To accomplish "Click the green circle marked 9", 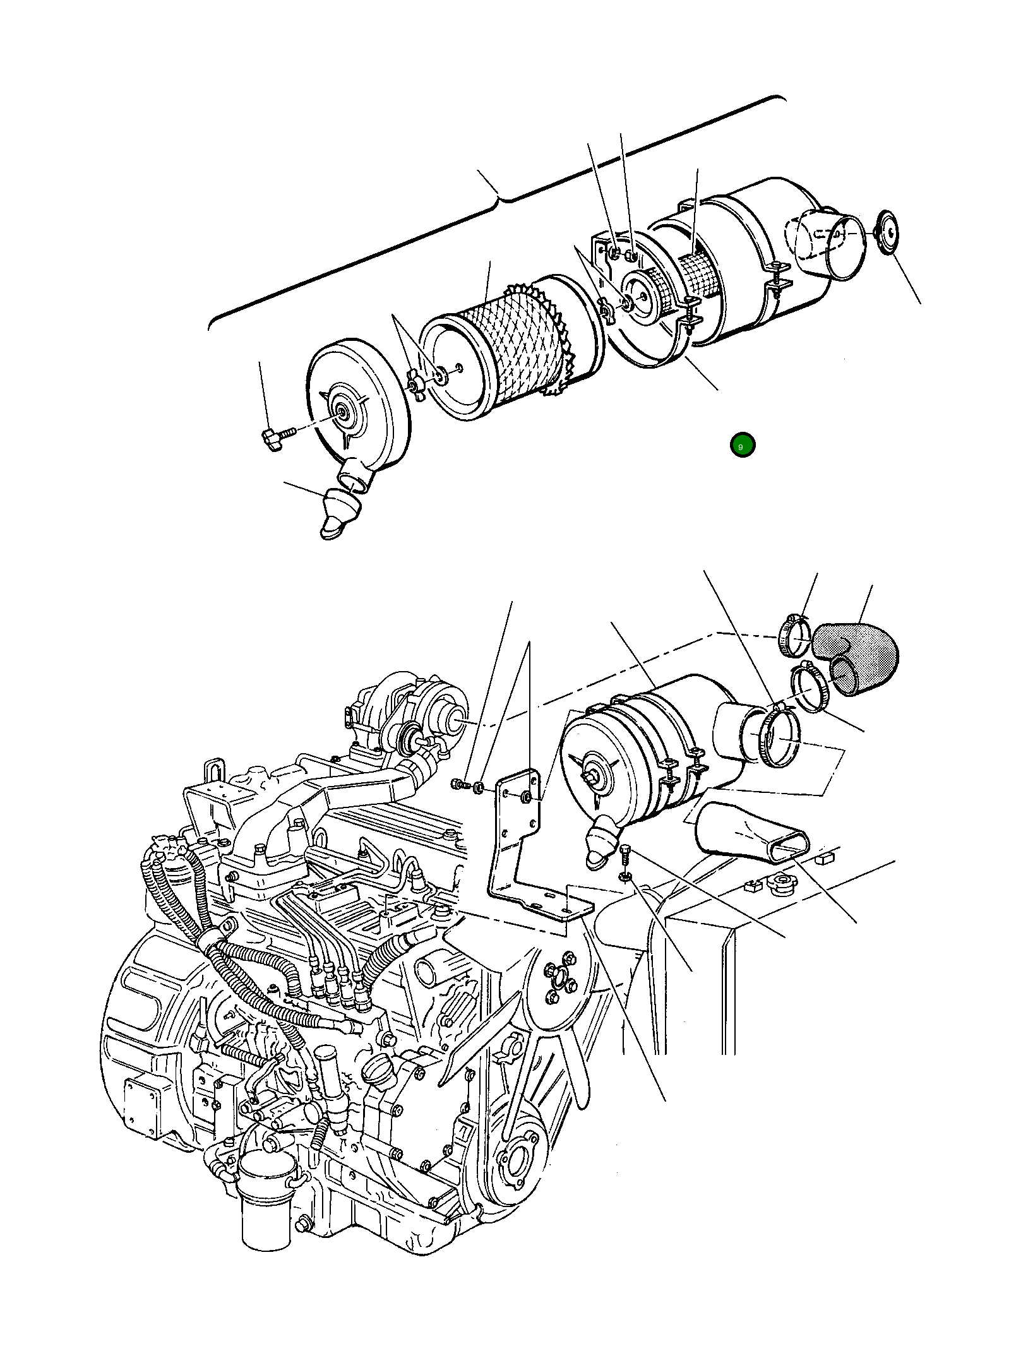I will [x=742, y=446].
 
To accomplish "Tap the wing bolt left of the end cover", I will [x=273, y=437].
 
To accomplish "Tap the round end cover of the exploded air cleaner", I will [x=357, y=410].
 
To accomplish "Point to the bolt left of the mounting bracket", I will [x=459, y=785].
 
